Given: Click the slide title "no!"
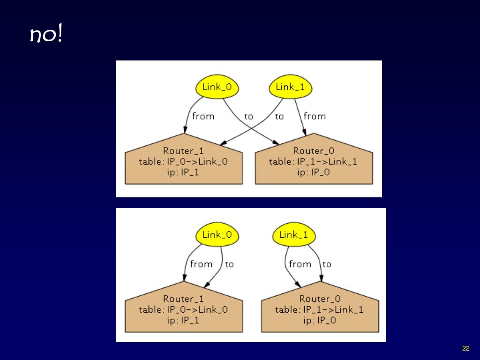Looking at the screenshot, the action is [x=46, y=35].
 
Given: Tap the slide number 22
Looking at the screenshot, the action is [x=465, y=348].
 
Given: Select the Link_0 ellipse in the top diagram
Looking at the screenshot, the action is [x=217, y=87].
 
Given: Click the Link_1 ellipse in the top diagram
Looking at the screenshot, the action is [x=290, y=87].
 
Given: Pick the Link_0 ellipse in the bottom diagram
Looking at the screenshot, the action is [x=217, y=235].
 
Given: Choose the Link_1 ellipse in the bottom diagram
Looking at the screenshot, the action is [x=293, y=235].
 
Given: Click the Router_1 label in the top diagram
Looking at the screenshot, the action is [x=183, y=151].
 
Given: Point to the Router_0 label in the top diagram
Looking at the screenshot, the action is [x=314, y=151].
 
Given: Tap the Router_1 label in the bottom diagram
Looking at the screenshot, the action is [x=183, y=299].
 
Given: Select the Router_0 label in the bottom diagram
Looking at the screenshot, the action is [x=320, y=299].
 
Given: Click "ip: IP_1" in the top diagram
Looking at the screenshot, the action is [x=183, y=172].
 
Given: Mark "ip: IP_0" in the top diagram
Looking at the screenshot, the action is [x=314, y=172].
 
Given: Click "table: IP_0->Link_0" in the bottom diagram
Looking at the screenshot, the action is [x=183, y=309].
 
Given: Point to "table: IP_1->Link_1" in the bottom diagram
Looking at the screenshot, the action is [x=319, y=309].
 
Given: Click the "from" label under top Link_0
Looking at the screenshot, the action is [x=203, y=116].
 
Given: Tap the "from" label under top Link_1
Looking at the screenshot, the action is [x=315, y=116].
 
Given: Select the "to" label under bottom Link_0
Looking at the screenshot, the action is [x=229, y=264].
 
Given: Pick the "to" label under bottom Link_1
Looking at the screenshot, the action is [x=327, y=264].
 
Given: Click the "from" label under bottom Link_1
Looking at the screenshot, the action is [x=300, y=264].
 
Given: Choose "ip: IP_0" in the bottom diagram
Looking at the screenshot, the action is [x=320, y=321].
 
